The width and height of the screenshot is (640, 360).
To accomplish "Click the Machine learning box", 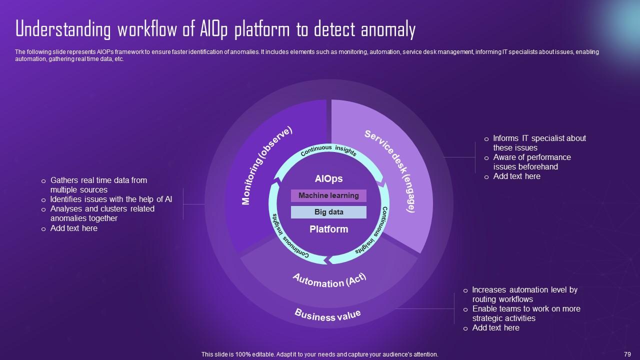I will [x=328, y=195].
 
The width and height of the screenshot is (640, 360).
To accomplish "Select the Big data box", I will [x=328, y=212].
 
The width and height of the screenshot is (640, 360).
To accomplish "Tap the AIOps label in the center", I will [x=328, y=179].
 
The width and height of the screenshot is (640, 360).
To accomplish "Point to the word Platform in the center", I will [x=328, y=229].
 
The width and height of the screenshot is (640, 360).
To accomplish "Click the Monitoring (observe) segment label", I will [x=266, y=165].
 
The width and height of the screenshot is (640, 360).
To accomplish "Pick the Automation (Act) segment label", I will [x=329, y=280].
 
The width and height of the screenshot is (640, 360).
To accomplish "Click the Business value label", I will [x=327, y=315].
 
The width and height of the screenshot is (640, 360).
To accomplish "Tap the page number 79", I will [x=627, y=354].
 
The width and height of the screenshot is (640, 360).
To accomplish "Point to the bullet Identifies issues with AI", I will [x=111, y=199].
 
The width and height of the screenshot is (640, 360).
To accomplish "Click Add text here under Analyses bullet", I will [x=74, y=228].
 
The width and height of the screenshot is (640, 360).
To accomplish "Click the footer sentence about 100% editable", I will [x=319, y=354].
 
